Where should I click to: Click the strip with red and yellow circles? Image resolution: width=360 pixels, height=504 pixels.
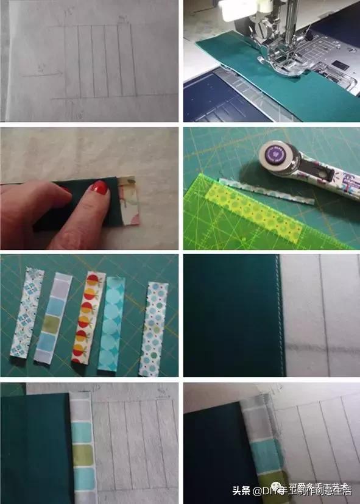88,316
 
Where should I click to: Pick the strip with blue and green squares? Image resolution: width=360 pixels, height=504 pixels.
61,317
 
